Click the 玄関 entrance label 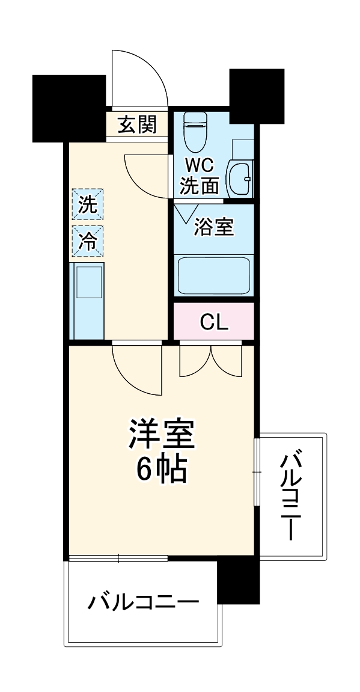click(137, 125)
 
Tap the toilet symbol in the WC click(194, 130)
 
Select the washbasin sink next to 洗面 click(240, 178)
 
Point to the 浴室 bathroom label click(213, 227)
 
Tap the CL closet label click(213, 322)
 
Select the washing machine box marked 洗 click(88, 204)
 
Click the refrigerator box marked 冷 click(88, 240)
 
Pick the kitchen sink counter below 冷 click(88, 299)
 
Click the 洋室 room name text click(161, 436)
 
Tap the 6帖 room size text click(161, 471)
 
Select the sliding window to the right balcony click(257, 472)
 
